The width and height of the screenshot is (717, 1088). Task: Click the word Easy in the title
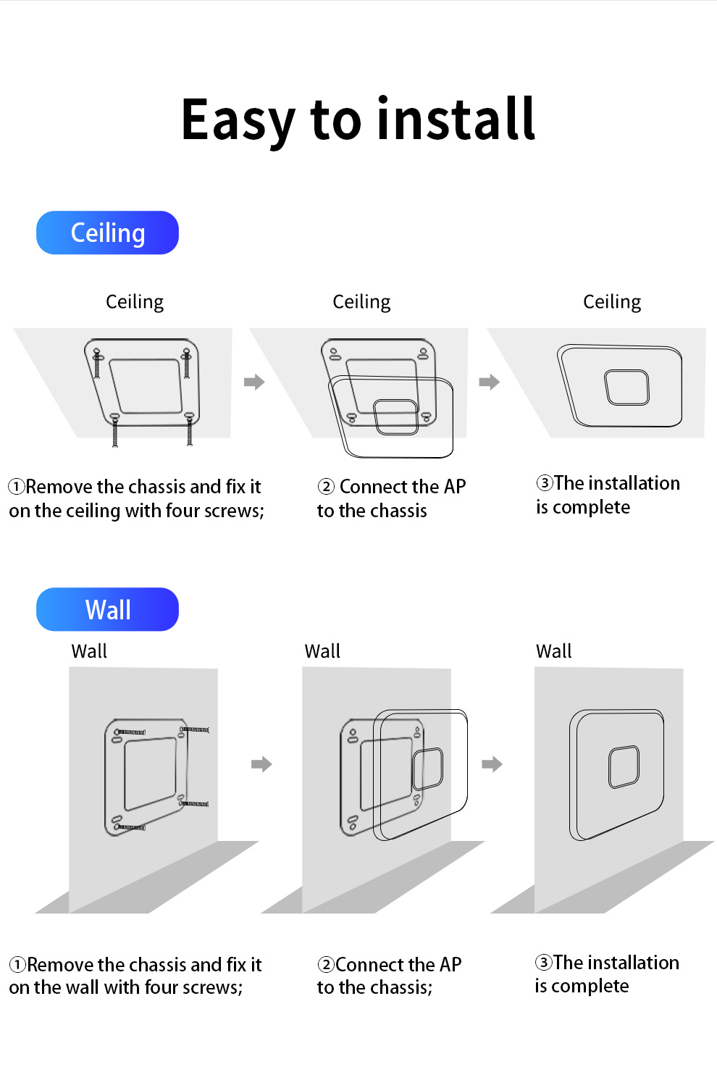pos(238,120)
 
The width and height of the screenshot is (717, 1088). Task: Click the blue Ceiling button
pos(107,233)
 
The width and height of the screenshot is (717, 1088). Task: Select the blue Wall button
pos(107,609)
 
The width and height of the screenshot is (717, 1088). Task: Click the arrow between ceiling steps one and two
pos(254,382)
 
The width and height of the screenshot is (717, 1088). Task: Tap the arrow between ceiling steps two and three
pos(490,382)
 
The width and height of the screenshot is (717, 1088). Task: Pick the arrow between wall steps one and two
pos(261,763)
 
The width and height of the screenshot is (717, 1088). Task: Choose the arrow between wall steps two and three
pos(492,763)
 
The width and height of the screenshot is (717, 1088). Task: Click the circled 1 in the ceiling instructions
pos(17,486)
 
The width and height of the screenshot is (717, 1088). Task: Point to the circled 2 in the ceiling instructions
pos(327,486)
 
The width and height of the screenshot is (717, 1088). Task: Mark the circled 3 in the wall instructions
pos(544,962)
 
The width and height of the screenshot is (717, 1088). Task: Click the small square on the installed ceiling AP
pos(626,387)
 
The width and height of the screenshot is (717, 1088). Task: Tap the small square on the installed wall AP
pos(624,766)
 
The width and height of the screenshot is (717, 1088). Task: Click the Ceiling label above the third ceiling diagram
pos(612,301)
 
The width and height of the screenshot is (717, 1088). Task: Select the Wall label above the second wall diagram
pos(322,651)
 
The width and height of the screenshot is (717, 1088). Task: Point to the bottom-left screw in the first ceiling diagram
pos(115,432)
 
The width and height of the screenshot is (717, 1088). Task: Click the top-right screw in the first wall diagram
pos(195,729)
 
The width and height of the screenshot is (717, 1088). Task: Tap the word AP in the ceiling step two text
pos(454,486)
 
